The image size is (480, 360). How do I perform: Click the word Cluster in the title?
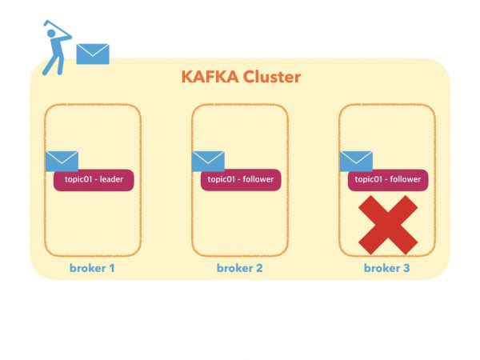coord(270,78)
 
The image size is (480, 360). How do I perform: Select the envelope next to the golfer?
coord(92,54)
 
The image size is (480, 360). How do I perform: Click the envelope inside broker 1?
coord(62,160)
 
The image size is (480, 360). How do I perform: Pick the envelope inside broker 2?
coord(208,160)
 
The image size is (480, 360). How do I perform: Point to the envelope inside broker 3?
coord(356,160)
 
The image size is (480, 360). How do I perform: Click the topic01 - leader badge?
coord(94,179)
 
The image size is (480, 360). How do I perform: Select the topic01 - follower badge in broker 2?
coord(241,179)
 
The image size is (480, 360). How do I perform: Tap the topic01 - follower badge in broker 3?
coord(388,179)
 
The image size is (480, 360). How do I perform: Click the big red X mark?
coord(387,224)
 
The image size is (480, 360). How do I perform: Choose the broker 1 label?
coord(93,268)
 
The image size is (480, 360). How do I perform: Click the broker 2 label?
coord(240,268)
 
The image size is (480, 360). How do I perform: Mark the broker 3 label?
coord(387,268)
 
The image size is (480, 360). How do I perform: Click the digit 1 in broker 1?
coord(112,268)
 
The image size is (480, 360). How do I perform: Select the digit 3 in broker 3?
coord(406,268)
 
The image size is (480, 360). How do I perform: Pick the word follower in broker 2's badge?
coord(258,179)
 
